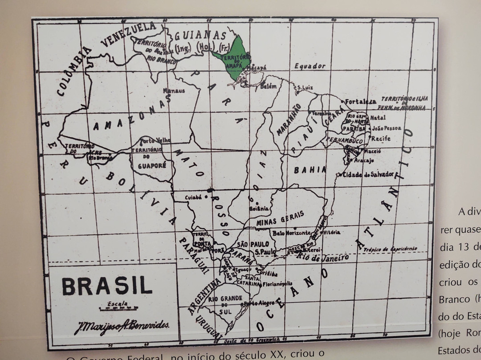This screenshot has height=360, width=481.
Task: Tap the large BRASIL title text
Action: click(107, 286)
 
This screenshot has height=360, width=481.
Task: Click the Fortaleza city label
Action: click(360, 101)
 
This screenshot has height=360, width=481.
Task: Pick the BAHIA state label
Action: click(310, 170)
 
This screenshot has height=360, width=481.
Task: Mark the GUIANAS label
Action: click(200, 35)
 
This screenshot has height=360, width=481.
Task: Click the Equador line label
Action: click(310, 66)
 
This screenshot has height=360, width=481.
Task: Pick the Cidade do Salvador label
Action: click(368, 174)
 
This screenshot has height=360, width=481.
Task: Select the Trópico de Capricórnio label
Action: click(390, 249)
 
